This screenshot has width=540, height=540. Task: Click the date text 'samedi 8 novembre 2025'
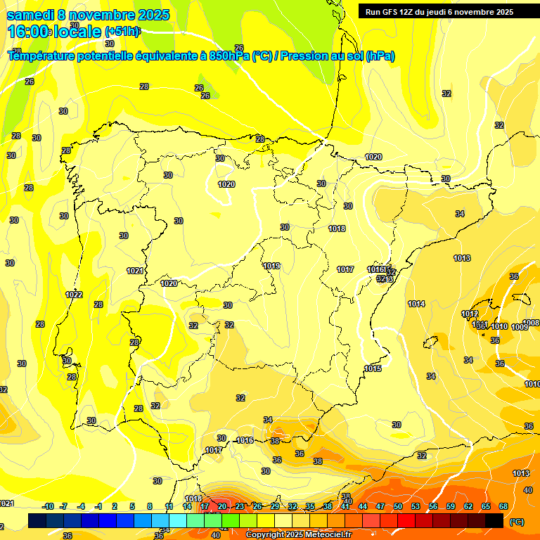point(88,15)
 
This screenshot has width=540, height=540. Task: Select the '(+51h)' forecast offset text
point(123,32)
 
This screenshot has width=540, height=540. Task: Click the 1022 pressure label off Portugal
point(74,295)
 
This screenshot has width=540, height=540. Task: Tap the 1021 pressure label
point(135,271)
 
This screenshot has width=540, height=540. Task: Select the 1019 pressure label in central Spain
point(272,266)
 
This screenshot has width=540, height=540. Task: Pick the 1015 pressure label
point(373,369)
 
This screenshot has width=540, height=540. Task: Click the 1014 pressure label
point(416,304)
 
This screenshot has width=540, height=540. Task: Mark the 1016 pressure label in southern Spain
point(245,440)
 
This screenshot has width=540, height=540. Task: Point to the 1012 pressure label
point(470,314)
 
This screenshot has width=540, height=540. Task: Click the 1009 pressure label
point(520,327)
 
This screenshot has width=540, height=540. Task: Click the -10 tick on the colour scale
point(48,506)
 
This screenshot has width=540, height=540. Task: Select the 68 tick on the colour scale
point(503,506)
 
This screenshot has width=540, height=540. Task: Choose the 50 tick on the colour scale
point(398,506)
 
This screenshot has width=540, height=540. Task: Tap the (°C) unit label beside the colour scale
point(517,522)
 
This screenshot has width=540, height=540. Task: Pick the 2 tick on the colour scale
point(115,506)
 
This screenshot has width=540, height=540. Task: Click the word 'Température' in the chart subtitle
point(46,56)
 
